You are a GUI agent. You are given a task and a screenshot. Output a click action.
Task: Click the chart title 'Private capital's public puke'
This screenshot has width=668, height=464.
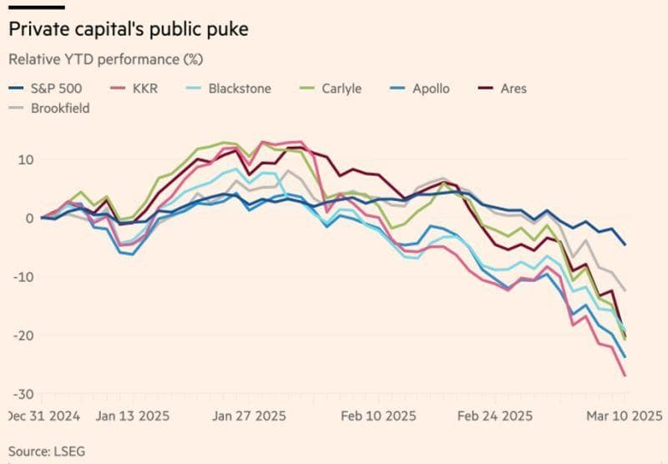(x=128, y=29)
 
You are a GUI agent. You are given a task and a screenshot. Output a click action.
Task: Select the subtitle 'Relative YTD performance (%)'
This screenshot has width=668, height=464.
(x=105, y=60)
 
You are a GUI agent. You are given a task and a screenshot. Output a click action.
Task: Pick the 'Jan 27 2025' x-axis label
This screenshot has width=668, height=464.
(x=248, y=416)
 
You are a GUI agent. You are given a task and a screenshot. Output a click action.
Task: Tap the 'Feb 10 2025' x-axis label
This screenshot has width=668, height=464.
(x=378, y=416)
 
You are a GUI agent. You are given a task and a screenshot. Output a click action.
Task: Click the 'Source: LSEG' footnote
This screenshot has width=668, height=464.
(x=47, y=451)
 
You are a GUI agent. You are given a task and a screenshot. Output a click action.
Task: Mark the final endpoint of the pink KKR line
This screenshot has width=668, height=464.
(x=625, y=376)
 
